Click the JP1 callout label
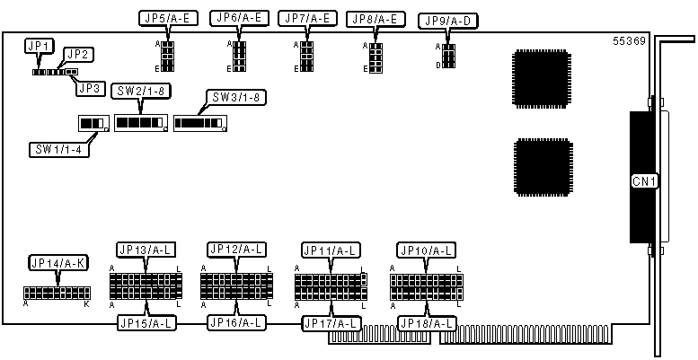(40, 45)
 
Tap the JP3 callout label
(88, 87)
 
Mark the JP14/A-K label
(57, 263)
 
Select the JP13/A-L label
(145, 250)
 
